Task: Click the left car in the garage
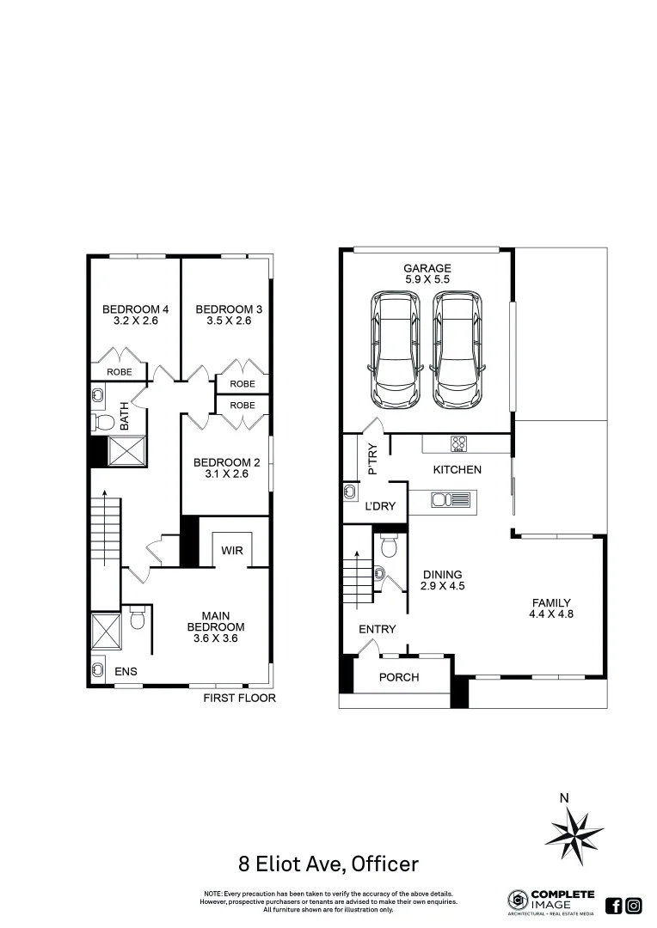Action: [396, 351]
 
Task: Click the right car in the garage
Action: [457, 351]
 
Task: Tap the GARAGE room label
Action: [427, 268]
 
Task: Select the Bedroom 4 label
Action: [135, 309]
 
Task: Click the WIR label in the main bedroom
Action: [231, 550]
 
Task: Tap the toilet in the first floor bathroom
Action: [104, 422]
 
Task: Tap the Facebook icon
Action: [614, 905]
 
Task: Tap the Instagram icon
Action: [634, 905]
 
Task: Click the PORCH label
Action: [399, 677]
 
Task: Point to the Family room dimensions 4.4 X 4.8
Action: [550, 614]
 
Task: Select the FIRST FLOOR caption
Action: [239, 699]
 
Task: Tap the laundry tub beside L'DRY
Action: [352, 491]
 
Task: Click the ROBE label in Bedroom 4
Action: [119, 372]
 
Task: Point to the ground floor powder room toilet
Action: [387, 546]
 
